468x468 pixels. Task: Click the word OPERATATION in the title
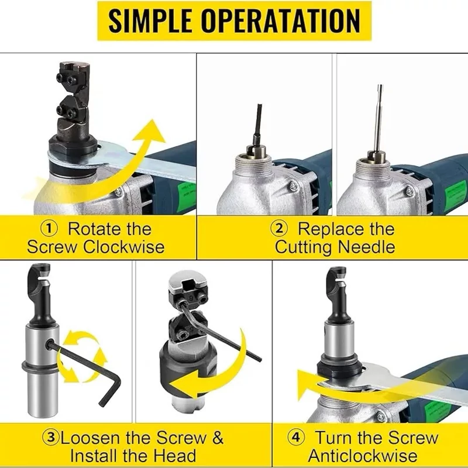(x=280, y=20)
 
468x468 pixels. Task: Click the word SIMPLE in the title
(x=150, y=20)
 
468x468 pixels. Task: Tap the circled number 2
(x=279, y=229)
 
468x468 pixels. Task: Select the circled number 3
(x=51, y=438)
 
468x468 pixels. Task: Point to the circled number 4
(x=296, y=438)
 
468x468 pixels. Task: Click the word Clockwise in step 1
(x=124, y=247)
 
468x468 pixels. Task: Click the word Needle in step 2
(x=367, y=247)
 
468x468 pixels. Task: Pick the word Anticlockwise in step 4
(x=363, y=456)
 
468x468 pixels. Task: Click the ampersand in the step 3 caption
(x=218, y=438)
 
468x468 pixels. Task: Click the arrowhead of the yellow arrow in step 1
(x=151, y=131)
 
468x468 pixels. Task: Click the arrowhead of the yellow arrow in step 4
(x=306, y=383)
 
